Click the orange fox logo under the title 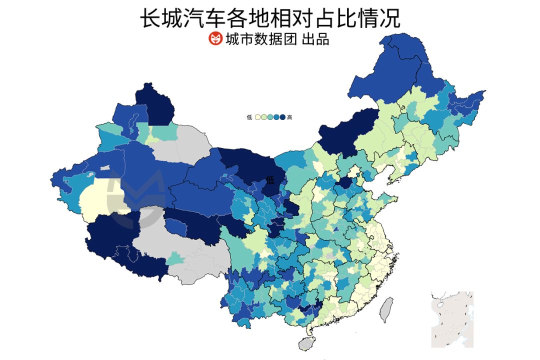click(x=215, y=38)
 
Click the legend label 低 click(x=249, y=117)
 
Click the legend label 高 click(x=289, y=117)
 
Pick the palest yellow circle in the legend click(x=257, y=117)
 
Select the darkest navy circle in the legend click(x=282, y=117)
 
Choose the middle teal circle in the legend click(x=270, y=117)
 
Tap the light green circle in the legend click(x=264, y=117)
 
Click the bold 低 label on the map click(x=270, y=179)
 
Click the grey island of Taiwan click(x=386, y=309)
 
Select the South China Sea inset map click(x=452, y=319)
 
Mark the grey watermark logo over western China click(x=137, y=195)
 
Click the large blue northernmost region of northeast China click(x=400, y=65)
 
